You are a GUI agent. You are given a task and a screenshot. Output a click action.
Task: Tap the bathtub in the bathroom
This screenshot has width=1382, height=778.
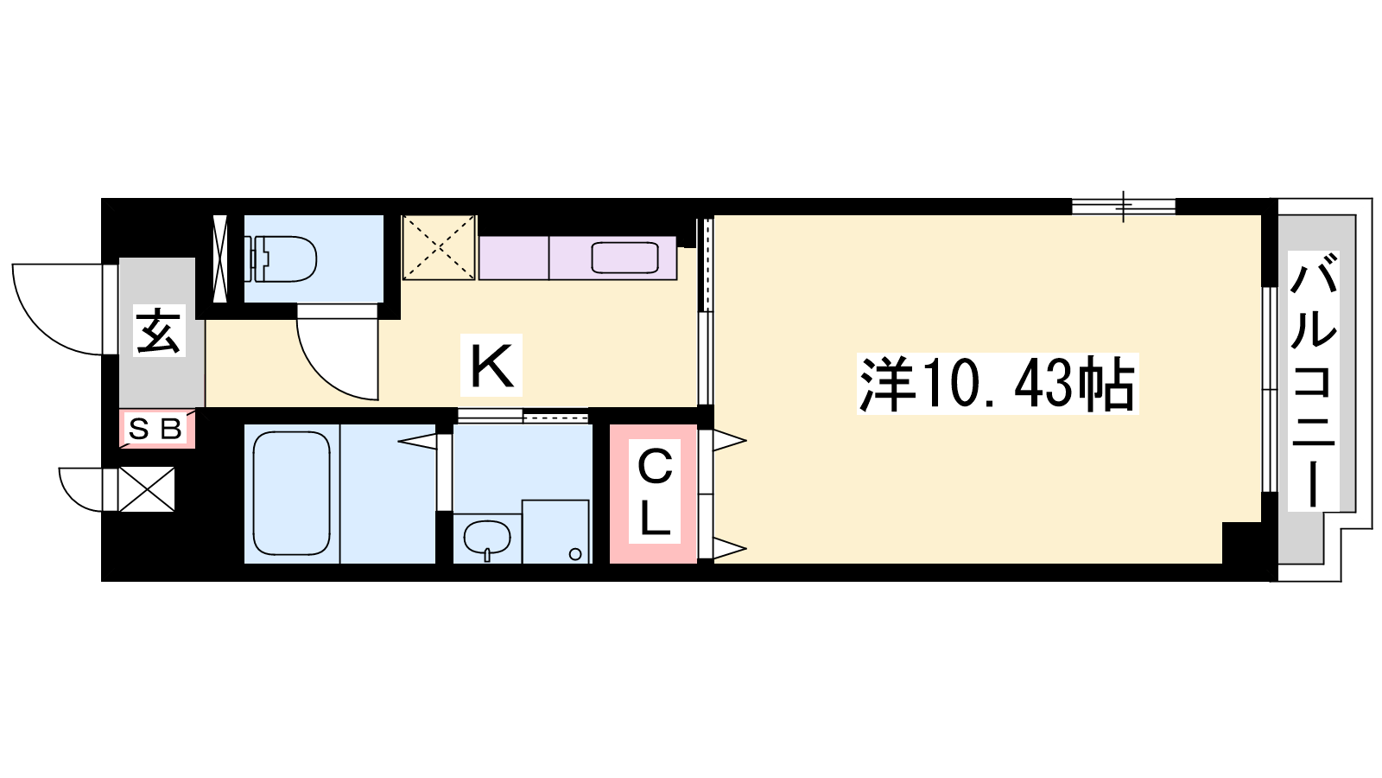(291, 494)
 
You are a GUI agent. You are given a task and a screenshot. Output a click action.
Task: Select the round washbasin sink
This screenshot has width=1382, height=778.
(487, 537)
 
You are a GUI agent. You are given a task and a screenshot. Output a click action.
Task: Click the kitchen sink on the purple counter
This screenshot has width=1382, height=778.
(625, 258)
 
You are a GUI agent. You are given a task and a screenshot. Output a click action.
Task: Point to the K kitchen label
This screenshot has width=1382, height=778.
(491, 365)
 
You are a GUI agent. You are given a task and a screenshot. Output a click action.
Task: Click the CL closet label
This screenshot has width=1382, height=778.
(654, 492)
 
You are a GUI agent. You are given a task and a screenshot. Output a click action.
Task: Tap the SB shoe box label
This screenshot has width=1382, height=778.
(155, 429)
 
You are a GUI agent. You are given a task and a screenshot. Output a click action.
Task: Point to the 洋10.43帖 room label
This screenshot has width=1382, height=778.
(997, 384)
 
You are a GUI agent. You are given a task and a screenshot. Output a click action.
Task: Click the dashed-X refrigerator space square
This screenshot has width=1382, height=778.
(439, 247)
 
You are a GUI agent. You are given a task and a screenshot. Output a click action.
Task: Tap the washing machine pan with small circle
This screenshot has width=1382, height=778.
(555, 532)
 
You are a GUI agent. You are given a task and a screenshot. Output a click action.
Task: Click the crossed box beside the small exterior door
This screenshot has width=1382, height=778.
(146, 489)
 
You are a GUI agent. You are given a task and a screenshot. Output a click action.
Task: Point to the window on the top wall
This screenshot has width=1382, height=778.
(1124, 207)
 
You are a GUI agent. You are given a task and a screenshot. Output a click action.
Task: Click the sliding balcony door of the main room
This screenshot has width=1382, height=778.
(1269, 389)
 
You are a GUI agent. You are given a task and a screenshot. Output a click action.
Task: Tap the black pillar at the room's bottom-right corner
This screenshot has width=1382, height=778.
(1241, 543)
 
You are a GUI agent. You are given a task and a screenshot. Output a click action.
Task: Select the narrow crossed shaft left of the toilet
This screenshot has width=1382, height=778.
(220, 258)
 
